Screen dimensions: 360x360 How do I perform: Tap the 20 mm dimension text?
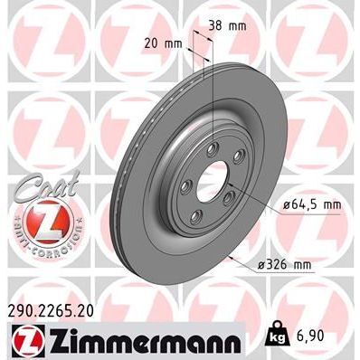point(160,43)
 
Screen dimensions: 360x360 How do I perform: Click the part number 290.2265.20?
point(56,310)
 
